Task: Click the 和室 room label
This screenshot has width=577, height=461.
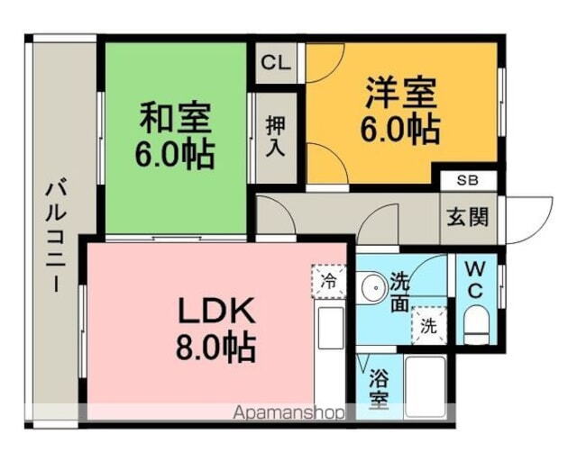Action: click(x=175, y=117)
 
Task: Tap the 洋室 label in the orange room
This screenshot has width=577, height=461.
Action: click(x=400, y=93)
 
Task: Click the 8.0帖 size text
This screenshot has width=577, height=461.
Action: click(x=215, y=346)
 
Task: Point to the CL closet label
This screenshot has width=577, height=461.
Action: click(x=275, y=63)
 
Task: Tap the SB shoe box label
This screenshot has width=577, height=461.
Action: click(x=467, y=180)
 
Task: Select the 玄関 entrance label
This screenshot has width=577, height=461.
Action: click(x=467, y=217)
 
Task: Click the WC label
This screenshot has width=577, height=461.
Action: click(x=476, y=280)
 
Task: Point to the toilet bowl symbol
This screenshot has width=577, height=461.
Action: click(x=475, y=323)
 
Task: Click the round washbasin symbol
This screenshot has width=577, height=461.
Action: click(x=371, y=288)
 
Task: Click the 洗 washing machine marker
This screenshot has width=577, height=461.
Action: click(x=426, y=326)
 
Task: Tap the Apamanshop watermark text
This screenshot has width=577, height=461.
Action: click(x=289, y=413)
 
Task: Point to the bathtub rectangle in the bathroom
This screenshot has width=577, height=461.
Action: click(x=426, y=386)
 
